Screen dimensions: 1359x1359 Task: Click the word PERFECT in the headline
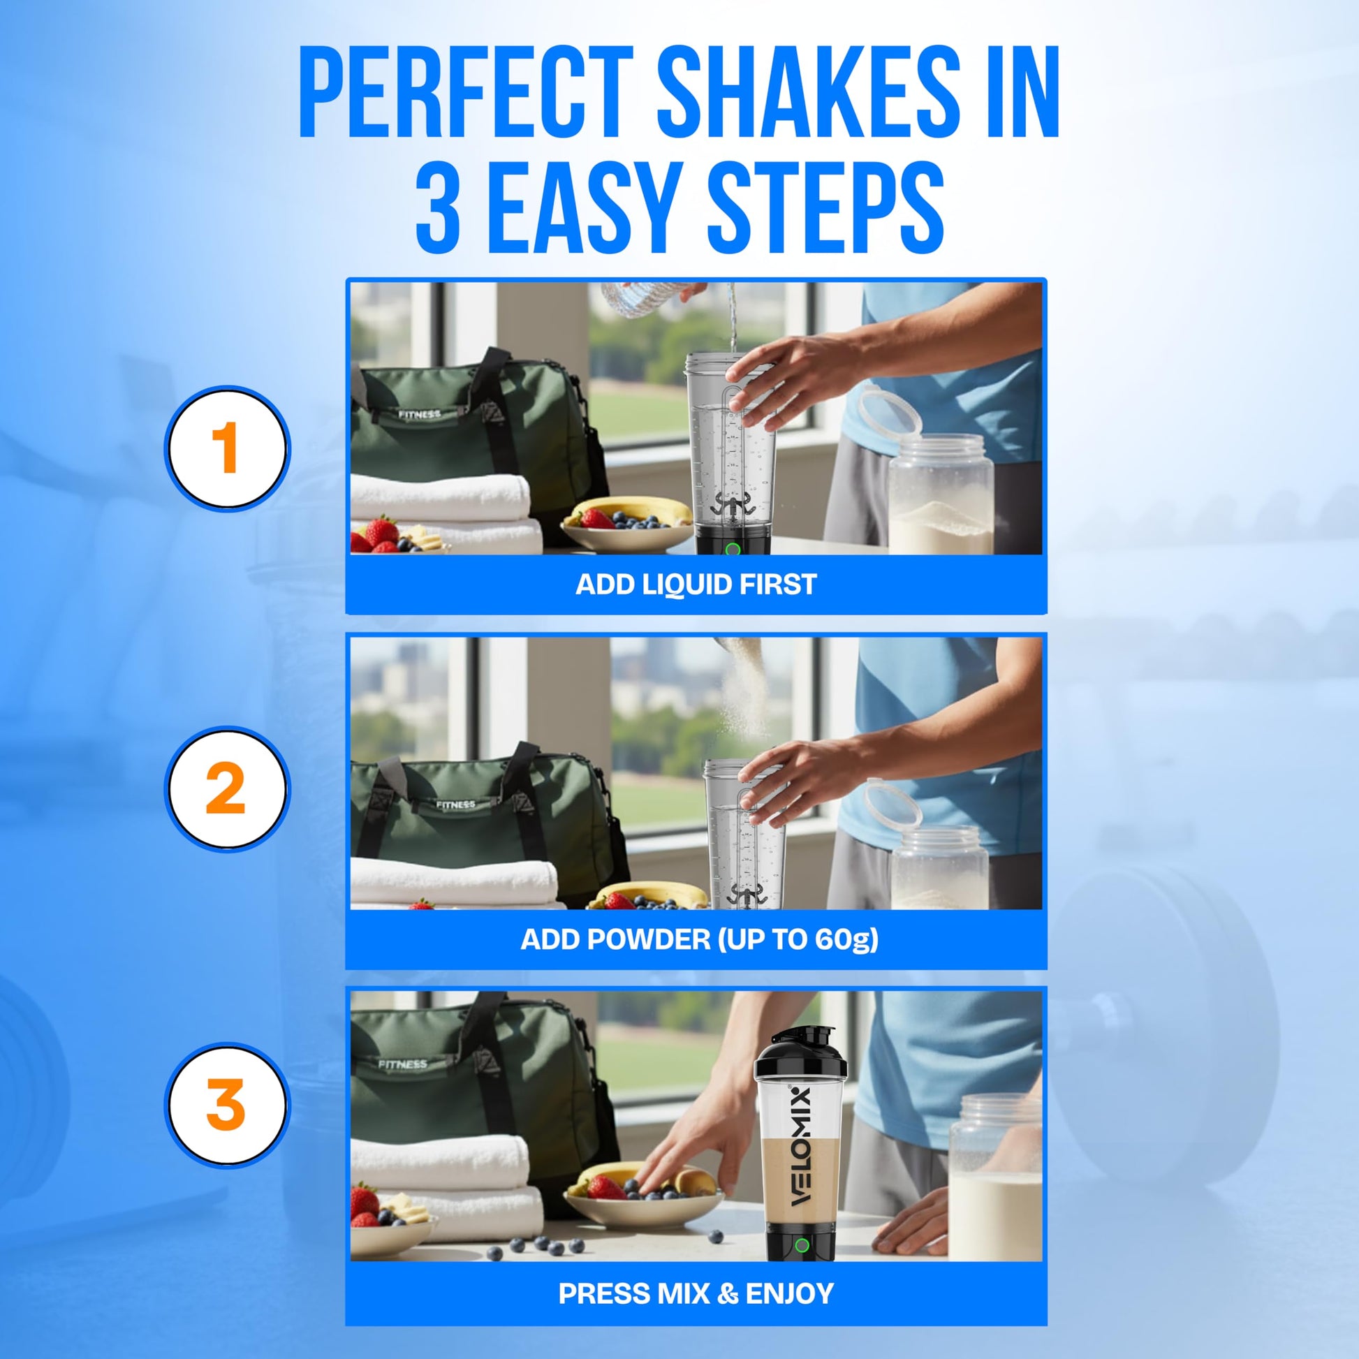pos(467,92)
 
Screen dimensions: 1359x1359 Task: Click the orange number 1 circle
pos(226,448)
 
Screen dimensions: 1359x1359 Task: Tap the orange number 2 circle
pos(226,789)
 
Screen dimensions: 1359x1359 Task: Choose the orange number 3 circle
pos(226,1104)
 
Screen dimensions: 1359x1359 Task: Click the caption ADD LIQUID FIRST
pos(696,585)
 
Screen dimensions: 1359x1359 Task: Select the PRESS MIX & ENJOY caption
pos(696,1293)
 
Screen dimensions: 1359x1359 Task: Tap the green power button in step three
pos(801,1246)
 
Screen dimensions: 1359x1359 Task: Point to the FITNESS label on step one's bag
pos(419,415)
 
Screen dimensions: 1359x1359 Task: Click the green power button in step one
pos(733,550)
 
